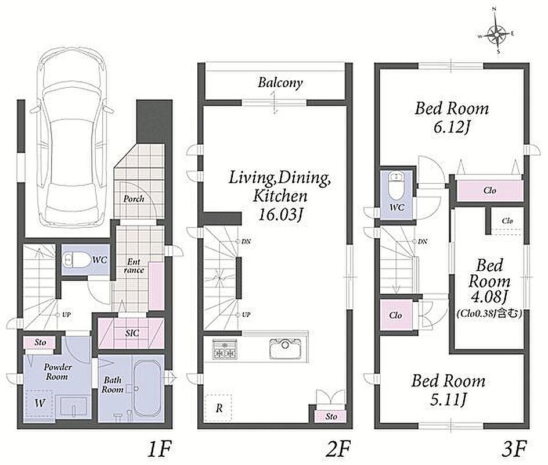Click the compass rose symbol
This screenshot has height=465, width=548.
click(x=497, y=35)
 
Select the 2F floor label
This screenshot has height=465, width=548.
click(x=338, y=449)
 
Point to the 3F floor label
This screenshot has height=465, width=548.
click(x=514, y=449)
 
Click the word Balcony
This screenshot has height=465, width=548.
click(x=280, y=83)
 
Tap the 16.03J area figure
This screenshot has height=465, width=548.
click(x=280, y=214)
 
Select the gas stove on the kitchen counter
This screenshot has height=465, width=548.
click(x=225, y=349)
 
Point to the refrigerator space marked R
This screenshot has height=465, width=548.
click(x=218, y=407)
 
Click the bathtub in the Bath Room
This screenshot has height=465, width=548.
click(x=147, y=387)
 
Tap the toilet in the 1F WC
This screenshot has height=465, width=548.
click(x=75, y=260)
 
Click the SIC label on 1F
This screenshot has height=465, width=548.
click(x=132, y=333)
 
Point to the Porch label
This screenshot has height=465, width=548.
click(x=134, y=199)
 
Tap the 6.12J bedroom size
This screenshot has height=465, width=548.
click(x=451, y=127)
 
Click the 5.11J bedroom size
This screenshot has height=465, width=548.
click(x=448, y=399)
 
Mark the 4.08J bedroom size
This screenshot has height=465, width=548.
click(x=489, y=297)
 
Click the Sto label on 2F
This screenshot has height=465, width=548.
click(x=331, y=416)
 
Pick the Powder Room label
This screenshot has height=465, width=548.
click(x=57, y=372)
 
